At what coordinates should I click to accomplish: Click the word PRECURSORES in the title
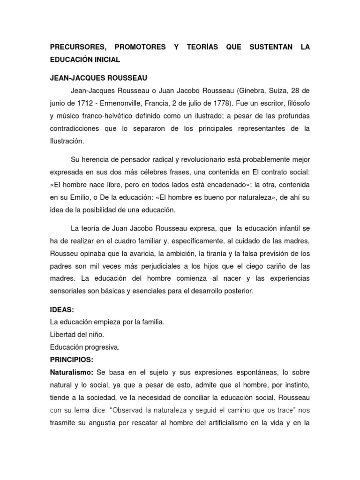click(x=77, y=47)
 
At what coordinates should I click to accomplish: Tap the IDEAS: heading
click(x=62, y=310)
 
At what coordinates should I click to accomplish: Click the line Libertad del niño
click(x=77, y=335)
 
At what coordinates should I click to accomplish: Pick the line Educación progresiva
click(x=85, y=347)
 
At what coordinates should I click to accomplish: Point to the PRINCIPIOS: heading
click(x=72, y=360)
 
